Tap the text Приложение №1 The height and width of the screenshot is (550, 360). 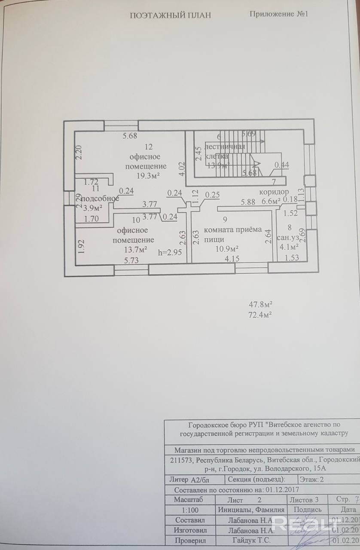tap(279, 14)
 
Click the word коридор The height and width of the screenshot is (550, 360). tap(274, 191)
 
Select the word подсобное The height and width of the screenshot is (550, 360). tap(100, 199)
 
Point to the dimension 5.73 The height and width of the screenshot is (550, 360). tap(132, 260)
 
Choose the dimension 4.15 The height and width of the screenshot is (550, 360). tap(232, 260)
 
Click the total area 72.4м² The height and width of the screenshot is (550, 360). tap(261, 315)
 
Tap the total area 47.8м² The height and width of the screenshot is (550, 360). tap(261, 305)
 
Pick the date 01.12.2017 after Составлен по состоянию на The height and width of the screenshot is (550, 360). tap(282, 489)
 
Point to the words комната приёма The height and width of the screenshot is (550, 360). tap(232, 230)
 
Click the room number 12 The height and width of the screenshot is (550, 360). tap(149, 147)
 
